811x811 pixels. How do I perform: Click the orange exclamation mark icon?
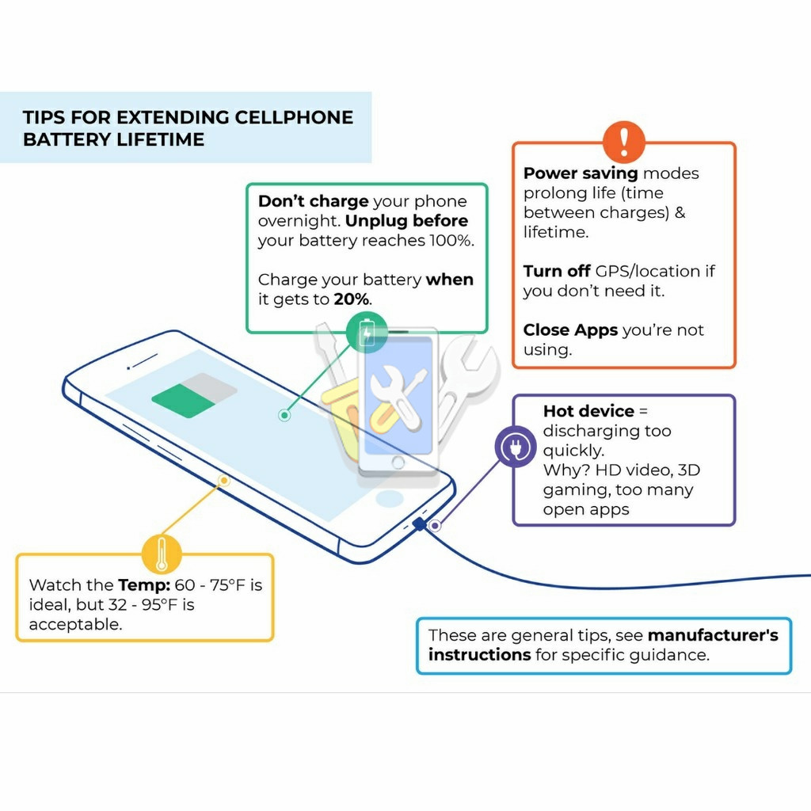624,142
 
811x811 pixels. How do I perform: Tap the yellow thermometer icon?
162,554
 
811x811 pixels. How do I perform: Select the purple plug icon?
516,447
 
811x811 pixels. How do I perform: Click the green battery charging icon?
367,332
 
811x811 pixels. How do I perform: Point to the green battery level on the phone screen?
184,400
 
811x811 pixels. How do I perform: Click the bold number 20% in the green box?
351,299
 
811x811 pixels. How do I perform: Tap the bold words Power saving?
581,173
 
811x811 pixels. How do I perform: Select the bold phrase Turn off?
557,271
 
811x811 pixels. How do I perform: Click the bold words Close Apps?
570,330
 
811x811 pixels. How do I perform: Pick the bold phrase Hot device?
588,411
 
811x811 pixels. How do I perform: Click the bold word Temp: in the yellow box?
144,585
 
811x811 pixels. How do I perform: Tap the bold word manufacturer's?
713,635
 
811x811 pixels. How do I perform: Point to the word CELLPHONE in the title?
294,117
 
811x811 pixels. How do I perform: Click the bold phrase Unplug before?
406,221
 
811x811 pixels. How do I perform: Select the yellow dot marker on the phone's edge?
223,481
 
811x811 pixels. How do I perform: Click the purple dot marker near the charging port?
435,526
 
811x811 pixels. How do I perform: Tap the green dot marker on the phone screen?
284,415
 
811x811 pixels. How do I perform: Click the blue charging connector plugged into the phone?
420,524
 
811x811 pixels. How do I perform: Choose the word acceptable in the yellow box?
75,624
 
